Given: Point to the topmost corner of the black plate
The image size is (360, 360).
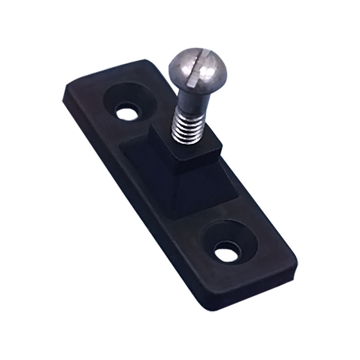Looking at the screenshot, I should coord(144,60).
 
